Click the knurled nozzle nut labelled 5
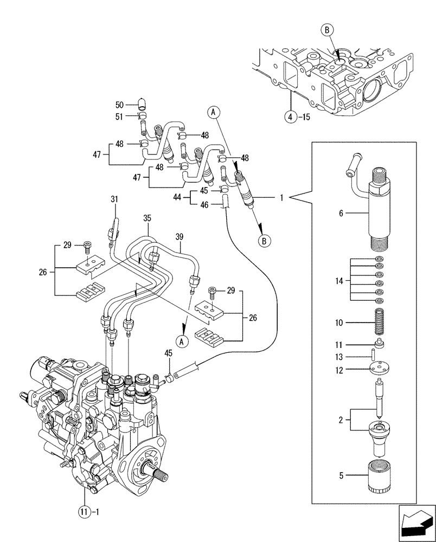pyautogui.click(x=379, y=475)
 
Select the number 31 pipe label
pyautogui.click(x=114, y=199)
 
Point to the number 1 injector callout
pyautogui.click(x=281, y=198)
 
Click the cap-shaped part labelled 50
pyautogui.click(x=142, y=103)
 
